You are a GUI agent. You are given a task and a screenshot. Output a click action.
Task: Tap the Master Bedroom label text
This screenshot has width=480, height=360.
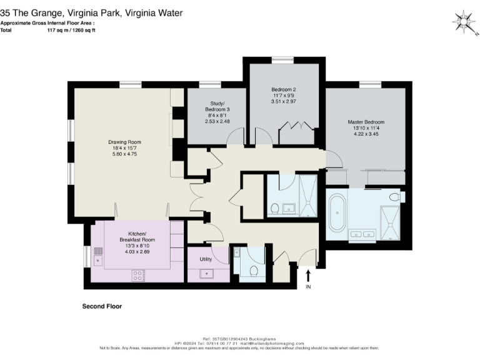click(x=366, y=121)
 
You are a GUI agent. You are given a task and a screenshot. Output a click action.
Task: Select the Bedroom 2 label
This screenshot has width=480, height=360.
click(x=283, y=89)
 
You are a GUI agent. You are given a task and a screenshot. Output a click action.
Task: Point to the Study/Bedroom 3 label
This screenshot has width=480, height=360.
click(x=217, y=107)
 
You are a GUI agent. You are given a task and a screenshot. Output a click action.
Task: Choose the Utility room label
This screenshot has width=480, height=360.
click(x=206, y=259)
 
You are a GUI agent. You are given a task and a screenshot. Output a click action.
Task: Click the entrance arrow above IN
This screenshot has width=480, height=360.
click(x=307, y=275)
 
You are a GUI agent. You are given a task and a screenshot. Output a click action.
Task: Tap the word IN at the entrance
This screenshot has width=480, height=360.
click(x=307, y=287)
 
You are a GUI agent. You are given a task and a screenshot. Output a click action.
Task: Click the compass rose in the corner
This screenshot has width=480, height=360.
click(x=463, y=22)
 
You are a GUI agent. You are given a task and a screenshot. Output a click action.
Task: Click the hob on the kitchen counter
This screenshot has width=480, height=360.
click(x=138, y=274)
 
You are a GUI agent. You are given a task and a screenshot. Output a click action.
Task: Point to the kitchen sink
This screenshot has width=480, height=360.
click(x=98, y=255)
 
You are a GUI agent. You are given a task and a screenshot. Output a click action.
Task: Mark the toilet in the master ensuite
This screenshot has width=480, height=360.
click(x=394, y=197)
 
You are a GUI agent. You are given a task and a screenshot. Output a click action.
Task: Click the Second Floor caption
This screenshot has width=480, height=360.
click(x=102, y=307)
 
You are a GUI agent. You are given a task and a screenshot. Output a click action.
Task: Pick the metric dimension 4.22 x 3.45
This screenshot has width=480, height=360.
click(x=366, y=133)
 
